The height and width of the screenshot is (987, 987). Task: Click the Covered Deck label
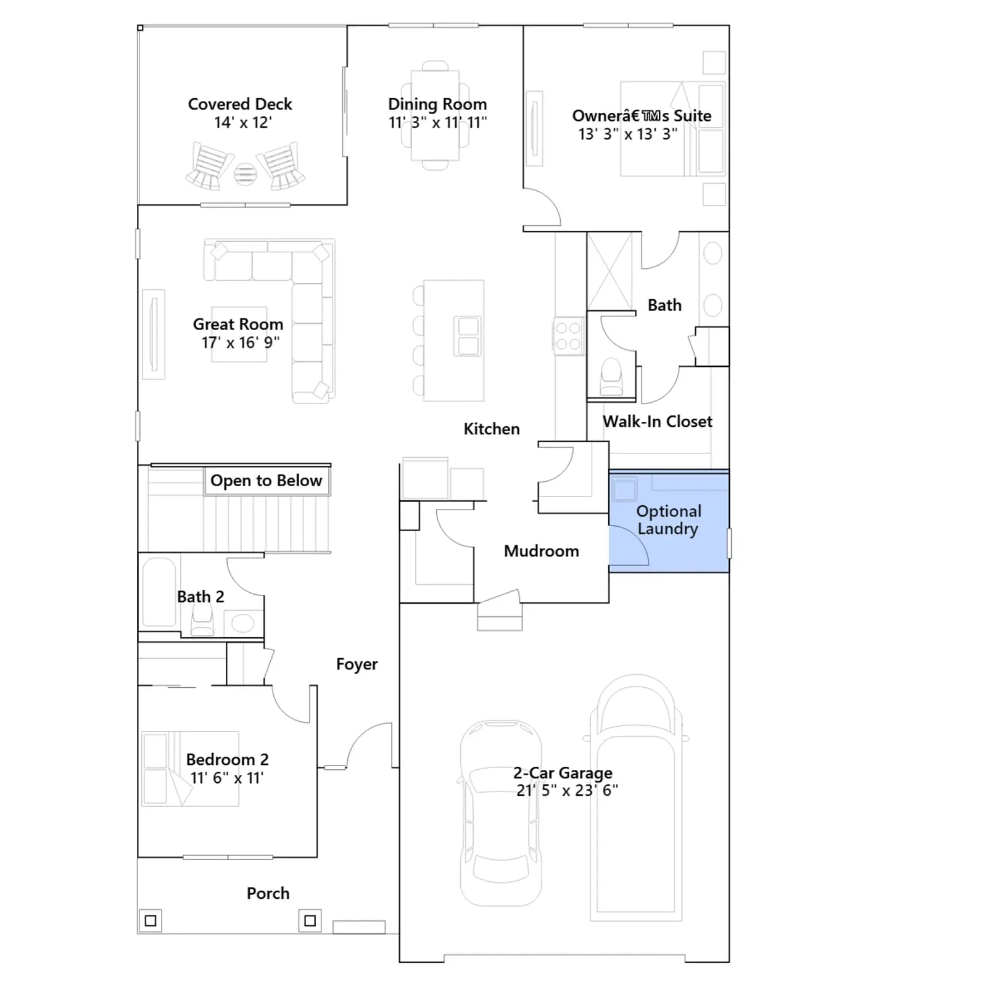(240, 104)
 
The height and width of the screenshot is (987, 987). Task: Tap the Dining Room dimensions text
(437, 122)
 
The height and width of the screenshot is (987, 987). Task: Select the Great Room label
(238, 324)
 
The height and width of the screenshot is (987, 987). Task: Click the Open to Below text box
(266, 481)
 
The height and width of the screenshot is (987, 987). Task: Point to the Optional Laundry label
(669, 520)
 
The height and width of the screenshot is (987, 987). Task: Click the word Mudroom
(542, 551)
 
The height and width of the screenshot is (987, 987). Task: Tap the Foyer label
(357, 664)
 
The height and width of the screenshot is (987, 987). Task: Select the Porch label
(268, 893)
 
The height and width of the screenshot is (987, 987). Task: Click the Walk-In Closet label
(658, 421)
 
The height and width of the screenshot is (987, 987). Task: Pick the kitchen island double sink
(468, 336)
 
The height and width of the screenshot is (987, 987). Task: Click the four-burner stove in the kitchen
(568, 336)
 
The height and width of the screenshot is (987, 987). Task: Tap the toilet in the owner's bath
(611, 376)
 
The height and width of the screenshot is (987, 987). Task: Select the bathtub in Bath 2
(159, 593)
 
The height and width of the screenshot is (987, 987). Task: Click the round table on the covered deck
(245, 174)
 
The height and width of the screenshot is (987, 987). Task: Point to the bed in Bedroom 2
(190, 769)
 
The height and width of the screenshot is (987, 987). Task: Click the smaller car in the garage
(501, 812)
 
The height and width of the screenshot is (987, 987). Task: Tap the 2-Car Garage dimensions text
(567, 790)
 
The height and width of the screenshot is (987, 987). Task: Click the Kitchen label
(492, 429)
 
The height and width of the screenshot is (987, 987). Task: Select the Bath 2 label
(200, 597)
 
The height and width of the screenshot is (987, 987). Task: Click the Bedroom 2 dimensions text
(227, 778)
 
